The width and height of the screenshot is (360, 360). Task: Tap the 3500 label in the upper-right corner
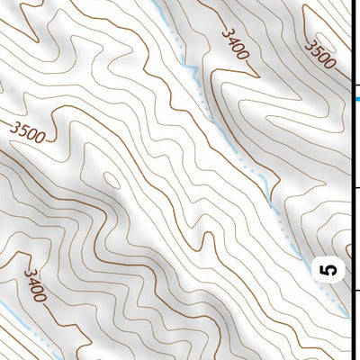[320, 54]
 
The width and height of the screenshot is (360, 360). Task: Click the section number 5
[330, 268]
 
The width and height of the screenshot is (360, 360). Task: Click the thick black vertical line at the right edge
[351, 180]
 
